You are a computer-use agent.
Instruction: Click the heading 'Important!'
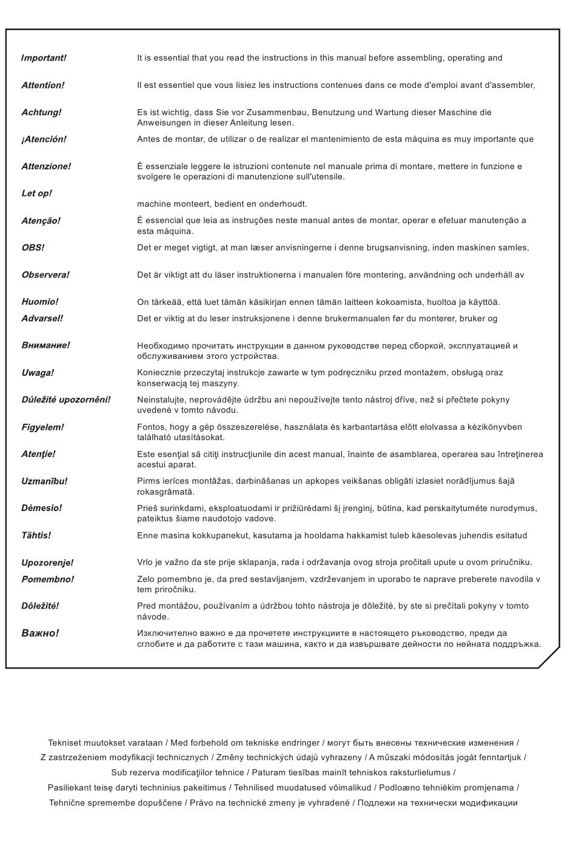(44, 58)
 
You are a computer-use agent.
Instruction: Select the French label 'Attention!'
(42, 85)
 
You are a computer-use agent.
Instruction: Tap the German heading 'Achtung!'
(41, 113)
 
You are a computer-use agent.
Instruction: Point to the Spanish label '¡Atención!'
(44, 139)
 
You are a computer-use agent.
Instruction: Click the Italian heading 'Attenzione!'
(46, 167)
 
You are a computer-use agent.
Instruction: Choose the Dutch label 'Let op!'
(36, 193)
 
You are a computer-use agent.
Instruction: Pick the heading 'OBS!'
(33, 248)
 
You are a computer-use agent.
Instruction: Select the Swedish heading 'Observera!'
(45, 275)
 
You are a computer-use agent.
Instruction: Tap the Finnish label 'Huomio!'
(40, 302)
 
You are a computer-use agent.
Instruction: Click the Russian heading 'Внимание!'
(45, 346)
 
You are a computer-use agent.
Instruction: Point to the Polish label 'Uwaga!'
(38, 373)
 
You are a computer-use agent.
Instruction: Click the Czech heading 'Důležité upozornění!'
(66, 400)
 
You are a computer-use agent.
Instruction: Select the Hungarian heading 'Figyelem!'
(42, 427)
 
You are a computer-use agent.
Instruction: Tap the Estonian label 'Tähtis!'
(36, 536)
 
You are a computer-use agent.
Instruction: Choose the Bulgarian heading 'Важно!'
(40, 633)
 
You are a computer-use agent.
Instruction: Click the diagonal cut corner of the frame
(549, 657)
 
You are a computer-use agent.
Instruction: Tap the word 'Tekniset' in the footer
(64, 743)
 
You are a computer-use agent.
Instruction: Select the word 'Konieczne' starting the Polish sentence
(159, 373)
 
